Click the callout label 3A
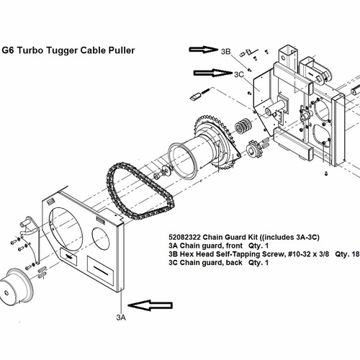pyautogui.click(x=121, y=318)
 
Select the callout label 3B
pyautogui.click(x=225, y=51)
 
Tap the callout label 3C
pyautogui.click(x=239, y=74)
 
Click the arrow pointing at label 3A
pyautogui.click(x=150, y=305)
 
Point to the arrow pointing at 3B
pyautogui.click(x=204, y=50)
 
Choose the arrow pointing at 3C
pyautogui.click(x=213, y=73)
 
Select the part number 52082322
pyautogui.click(x=184, y=237)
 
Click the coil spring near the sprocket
pyautogui.click(x=243, y=126)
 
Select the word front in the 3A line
pyautogui.click(x=234, y=246)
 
